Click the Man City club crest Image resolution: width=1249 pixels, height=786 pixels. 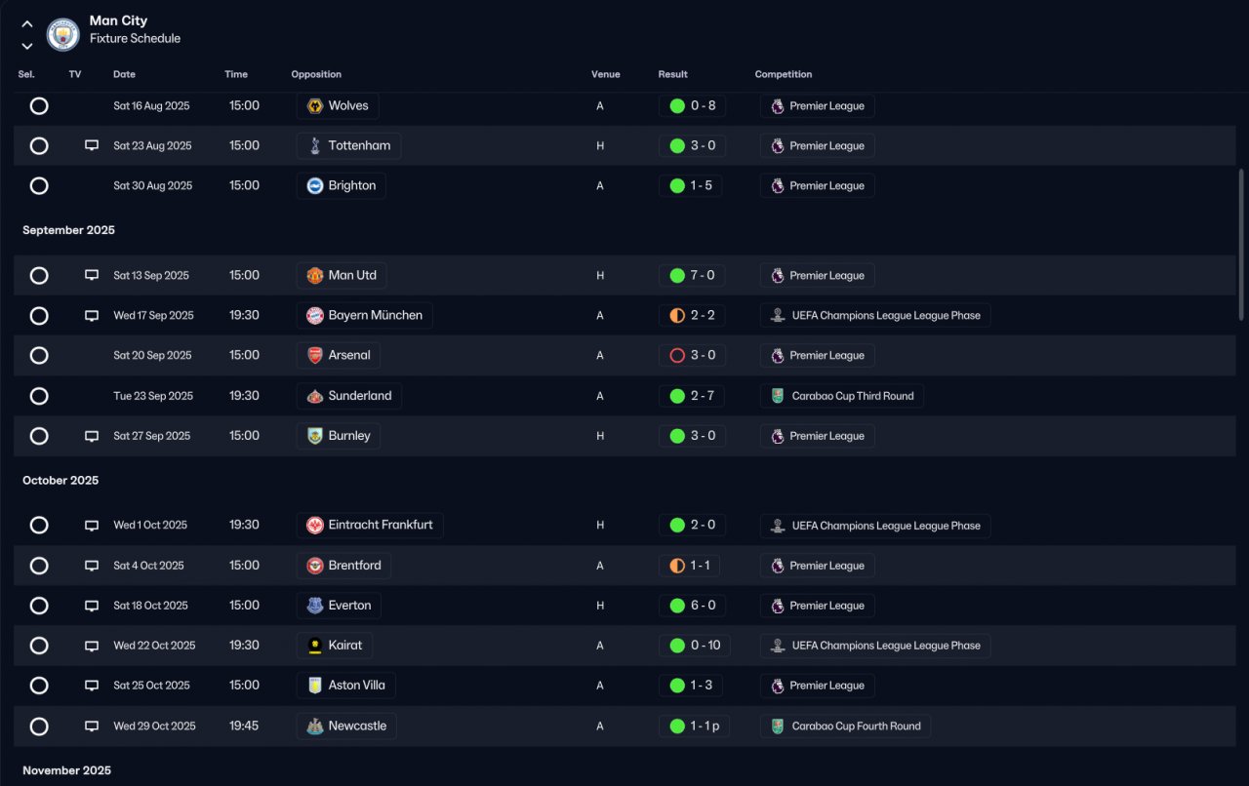pyautogui.click(x=63, y=34)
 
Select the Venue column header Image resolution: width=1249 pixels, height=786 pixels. pyautogui.click(x=606, y=74)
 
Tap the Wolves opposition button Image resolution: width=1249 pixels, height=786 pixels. pyautogui.click(x=338, y=106)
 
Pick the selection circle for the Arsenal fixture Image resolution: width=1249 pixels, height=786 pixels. pyautogui.click(x=39, y=355)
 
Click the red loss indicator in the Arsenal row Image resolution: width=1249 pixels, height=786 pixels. pyautogui.click(x=677, y=356)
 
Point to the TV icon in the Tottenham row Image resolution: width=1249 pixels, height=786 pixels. pyautogui.click(x=92, y=145)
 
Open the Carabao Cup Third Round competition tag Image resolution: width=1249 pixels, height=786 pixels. pyautogui.click(x=841, y=396)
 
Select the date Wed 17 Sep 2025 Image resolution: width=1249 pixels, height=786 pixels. pyautogui.click(x=153, y=316)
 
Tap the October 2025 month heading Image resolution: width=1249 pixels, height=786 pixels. pyautogui.click(x=60, y=481)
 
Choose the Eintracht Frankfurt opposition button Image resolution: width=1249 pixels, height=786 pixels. pyautogui.click(x=370, y=525)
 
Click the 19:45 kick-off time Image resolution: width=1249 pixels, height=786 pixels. pyautogui.click(x=244, y=726)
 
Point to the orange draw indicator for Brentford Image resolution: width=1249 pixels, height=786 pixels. pyautogui.click(x=677, y=566)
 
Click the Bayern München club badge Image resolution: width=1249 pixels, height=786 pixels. pyautogui.click(x=315, y=316)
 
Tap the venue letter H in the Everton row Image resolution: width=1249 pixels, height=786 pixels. pyautogui.click(x=600, y=606)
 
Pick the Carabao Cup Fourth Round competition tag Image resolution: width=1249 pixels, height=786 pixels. pyautogui.click(x=845, y=727)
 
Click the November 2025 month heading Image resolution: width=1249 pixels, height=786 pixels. pyautogui.click(x=66, y=770)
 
